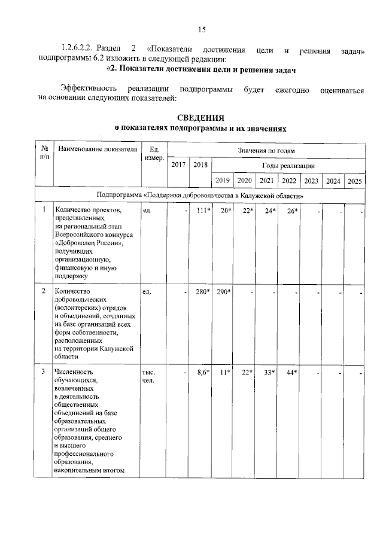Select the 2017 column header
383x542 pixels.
(178, 165)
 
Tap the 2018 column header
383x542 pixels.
(200, 165)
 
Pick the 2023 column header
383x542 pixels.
(311, 181)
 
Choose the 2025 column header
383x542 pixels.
(354, 181)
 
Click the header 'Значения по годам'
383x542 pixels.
(266, 150)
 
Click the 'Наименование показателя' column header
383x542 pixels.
(96, 150)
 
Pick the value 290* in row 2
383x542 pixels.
(224, 291)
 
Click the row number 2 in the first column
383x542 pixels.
(44, 291)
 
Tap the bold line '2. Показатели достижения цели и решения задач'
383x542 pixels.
(201, 70)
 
